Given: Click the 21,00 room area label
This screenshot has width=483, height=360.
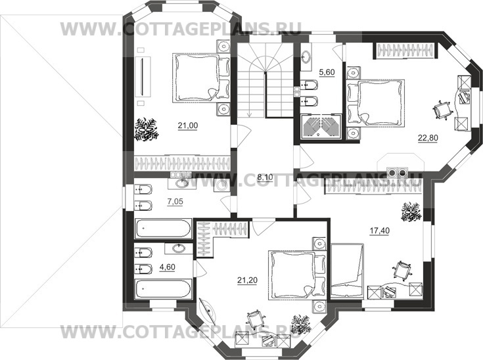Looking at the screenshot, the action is [x=187, y=125].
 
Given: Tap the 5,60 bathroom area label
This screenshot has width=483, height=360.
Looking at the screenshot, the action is [x=327, y=72].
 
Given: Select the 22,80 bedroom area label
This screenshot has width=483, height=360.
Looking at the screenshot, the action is [x=428, y=138].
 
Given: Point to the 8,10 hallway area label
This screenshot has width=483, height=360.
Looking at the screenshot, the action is [x=265, y=177].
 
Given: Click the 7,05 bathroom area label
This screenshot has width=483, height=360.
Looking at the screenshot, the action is [x=175, y=202].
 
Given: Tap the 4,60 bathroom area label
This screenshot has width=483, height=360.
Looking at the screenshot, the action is [x=167, y=266].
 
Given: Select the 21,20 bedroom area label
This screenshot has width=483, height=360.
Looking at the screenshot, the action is [x=247, y=281].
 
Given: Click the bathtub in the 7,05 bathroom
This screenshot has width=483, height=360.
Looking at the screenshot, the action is [x=163, y=228].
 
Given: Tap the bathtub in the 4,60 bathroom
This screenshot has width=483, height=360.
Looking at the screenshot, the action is [x=163, y=289].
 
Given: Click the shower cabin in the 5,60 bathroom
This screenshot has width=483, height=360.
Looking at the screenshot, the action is [x=321, y=127].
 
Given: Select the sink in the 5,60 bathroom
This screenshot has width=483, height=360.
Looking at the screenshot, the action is [x=306, y=56].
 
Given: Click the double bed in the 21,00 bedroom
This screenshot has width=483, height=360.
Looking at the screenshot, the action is [x=201, y=78].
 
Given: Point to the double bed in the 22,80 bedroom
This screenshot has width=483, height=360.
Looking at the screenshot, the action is [x=375, y=103].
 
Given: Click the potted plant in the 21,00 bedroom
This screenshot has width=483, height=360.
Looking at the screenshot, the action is [x=146, y=130].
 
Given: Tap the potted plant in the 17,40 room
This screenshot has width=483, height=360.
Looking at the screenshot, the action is [x=411, y=212].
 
